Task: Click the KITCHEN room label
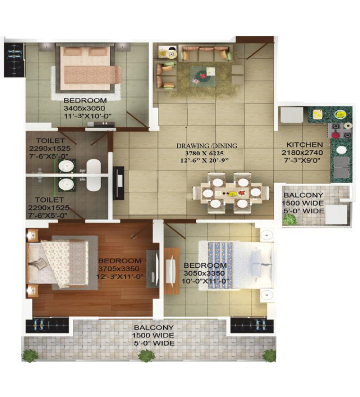point(305,145)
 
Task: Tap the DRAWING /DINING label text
point(207,146)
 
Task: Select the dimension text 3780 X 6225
point(204,153)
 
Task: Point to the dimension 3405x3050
point(84,108)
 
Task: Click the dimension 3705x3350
point(119,269)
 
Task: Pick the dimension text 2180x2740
point(302,153)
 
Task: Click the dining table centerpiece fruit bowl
point(232,194)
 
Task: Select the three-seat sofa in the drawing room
point(206,53)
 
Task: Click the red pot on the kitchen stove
point(336,134)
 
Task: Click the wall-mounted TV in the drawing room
point(118,183)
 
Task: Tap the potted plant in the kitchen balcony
point(290,220)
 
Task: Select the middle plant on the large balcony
point(146,355)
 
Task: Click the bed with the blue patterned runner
point(236,265)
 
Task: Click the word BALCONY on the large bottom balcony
point(154,327)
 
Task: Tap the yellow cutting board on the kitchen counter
point(317,114)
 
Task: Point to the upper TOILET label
point(50,141)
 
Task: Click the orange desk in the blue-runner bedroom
point(171,271)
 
